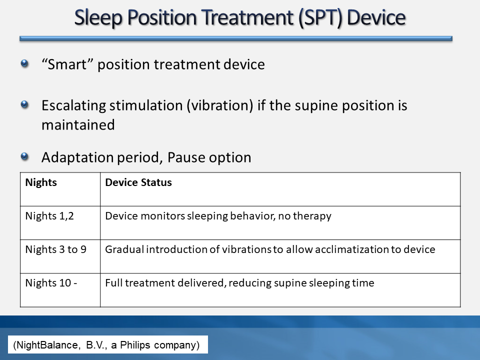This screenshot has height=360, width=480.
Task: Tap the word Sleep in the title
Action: point(98,18)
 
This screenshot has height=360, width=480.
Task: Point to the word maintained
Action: point(78,125)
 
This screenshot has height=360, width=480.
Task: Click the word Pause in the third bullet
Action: point(185,157)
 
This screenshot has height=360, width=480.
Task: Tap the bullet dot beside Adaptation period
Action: point(24,156)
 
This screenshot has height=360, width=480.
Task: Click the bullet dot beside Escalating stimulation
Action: point(24,104)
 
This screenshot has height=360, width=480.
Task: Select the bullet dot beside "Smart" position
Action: point(24,63)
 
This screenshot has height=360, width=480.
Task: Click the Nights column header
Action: point(41,182)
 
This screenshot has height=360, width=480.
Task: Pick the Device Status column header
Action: point(138,182)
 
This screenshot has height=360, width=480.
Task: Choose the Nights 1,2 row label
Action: point(49,216)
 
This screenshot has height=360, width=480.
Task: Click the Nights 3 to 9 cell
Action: point(55,249)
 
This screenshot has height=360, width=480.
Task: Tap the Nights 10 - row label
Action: point(51,283)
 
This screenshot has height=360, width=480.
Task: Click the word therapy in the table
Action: point(312,216)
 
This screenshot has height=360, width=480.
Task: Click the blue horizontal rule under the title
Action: point(236,38)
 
